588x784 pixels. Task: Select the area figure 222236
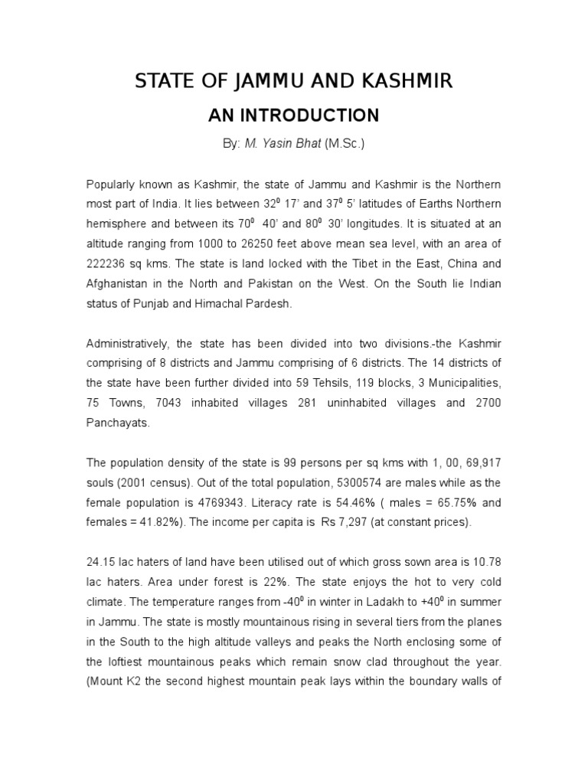(112, 264)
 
